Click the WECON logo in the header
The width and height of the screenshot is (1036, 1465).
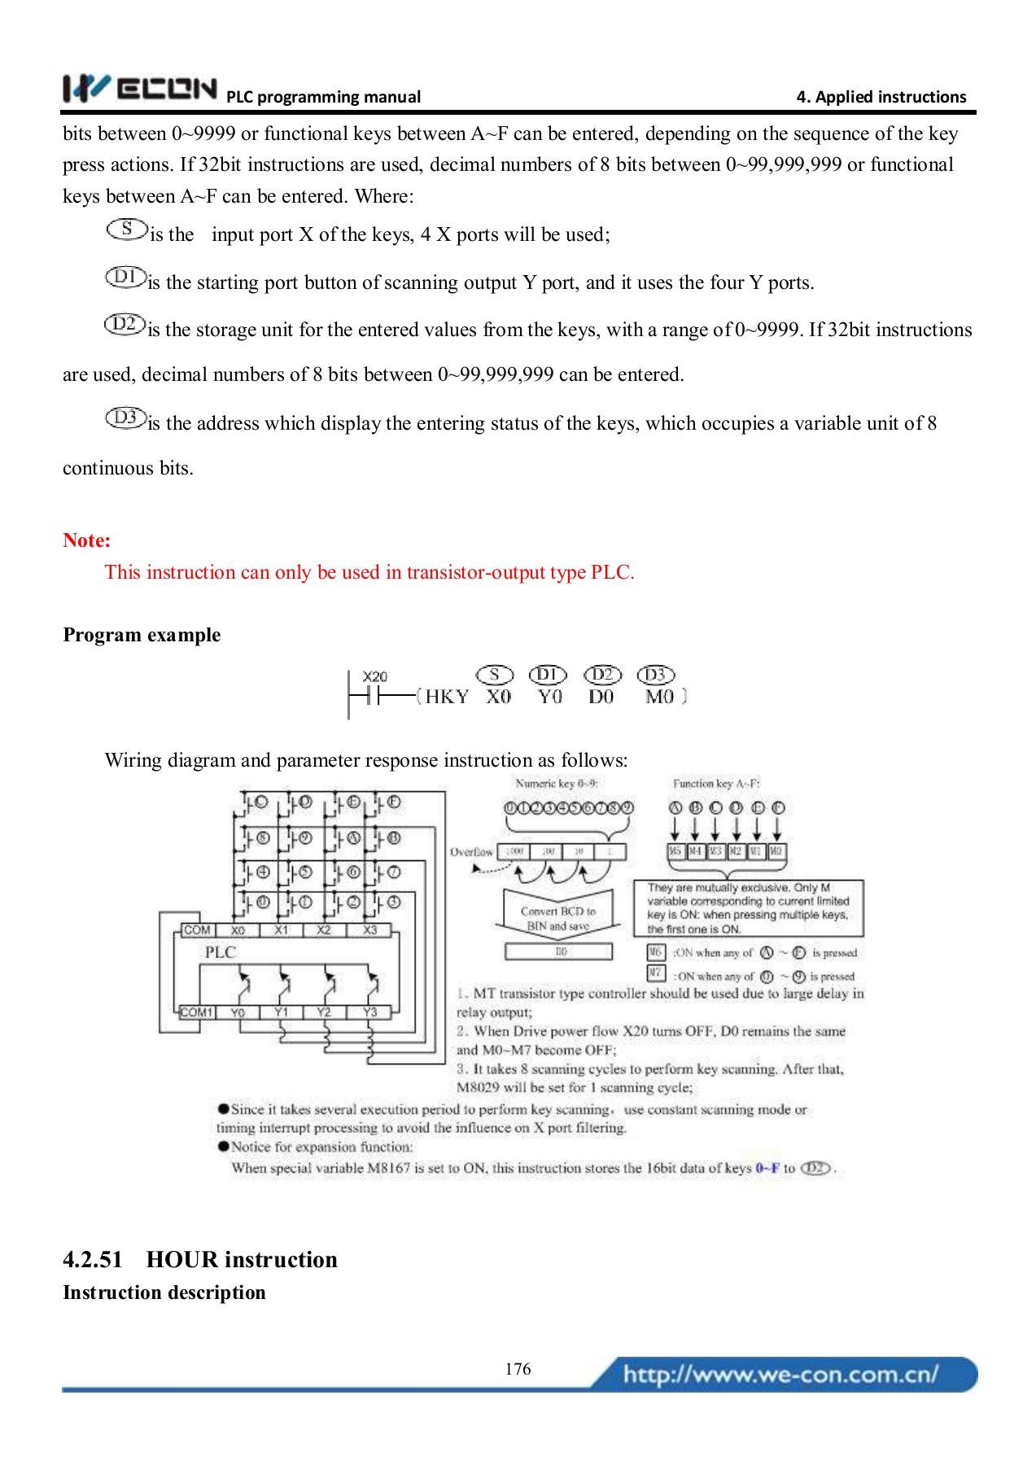pos(139,88)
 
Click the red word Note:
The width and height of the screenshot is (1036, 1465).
pos(86,540)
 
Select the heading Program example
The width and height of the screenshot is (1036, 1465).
pos(142,635)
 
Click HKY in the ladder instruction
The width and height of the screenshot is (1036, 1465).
pos(447,697)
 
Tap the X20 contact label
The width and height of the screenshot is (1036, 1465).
pos(374,676)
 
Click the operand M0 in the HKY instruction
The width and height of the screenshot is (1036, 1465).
pos(659,697)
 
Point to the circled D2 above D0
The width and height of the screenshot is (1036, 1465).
pos(602,675)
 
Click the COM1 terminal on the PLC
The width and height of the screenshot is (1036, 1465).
pos(197,1012)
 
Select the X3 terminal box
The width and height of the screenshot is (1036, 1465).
pos(369,930)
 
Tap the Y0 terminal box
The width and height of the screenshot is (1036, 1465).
pos(238,1012)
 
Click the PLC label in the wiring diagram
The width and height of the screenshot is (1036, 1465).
pos(220,952)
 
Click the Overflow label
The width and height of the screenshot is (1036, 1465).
pos(471,852)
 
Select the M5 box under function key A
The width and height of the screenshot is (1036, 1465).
pos(675,851)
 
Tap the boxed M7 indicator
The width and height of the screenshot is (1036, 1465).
pos(656,973)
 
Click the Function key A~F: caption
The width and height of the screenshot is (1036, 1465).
pos(715,784)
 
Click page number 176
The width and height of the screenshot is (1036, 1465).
pos(518,1369)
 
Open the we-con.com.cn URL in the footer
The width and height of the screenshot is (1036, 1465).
pos(780,1375)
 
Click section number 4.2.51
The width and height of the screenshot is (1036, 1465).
pos(92,1260)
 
